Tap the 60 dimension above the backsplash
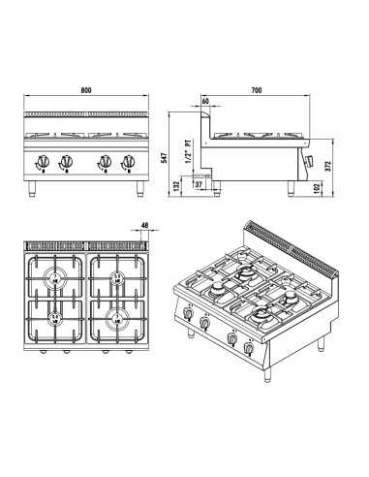coord(205,100)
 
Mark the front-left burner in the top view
coord(56,316)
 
